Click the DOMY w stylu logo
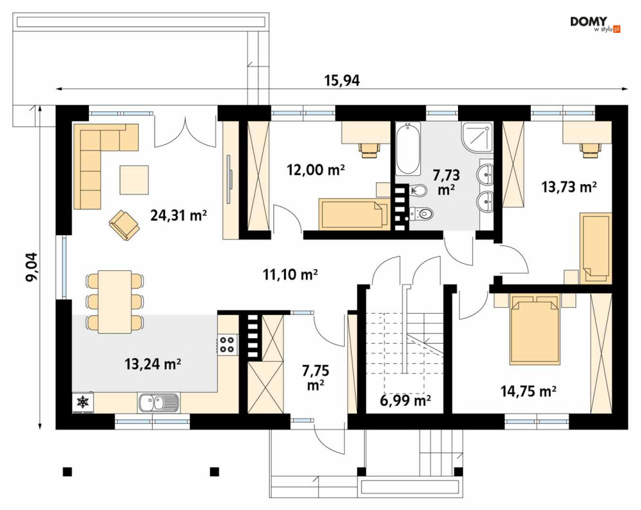595,24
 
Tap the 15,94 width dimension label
342,80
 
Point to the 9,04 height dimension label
32,267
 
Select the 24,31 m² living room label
178,214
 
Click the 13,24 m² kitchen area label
153,363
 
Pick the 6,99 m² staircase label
405,401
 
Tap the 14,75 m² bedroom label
528,391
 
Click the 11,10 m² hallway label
291,274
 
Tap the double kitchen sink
158,402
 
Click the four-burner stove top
227,344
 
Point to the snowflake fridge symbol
83,402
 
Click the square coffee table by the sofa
134,180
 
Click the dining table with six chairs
115,301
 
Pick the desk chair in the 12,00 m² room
370,149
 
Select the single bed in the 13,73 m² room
596,249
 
